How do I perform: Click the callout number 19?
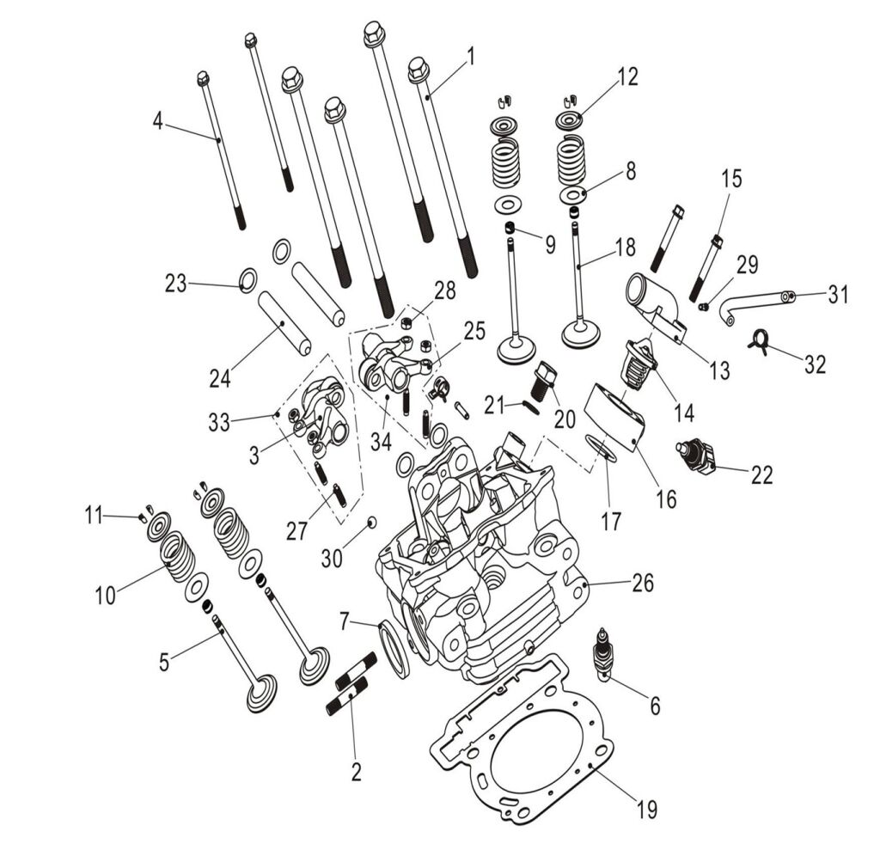645,809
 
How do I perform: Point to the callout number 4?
157,121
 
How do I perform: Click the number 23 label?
176,283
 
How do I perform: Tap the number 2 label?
356,771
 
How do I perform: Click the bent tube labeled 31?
756,303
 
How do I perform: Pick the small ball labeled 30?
371,522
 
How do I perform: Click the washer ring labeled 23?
247,279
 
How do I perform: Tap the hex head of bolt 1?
419,68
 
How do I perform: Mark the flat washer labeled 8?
572,194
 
